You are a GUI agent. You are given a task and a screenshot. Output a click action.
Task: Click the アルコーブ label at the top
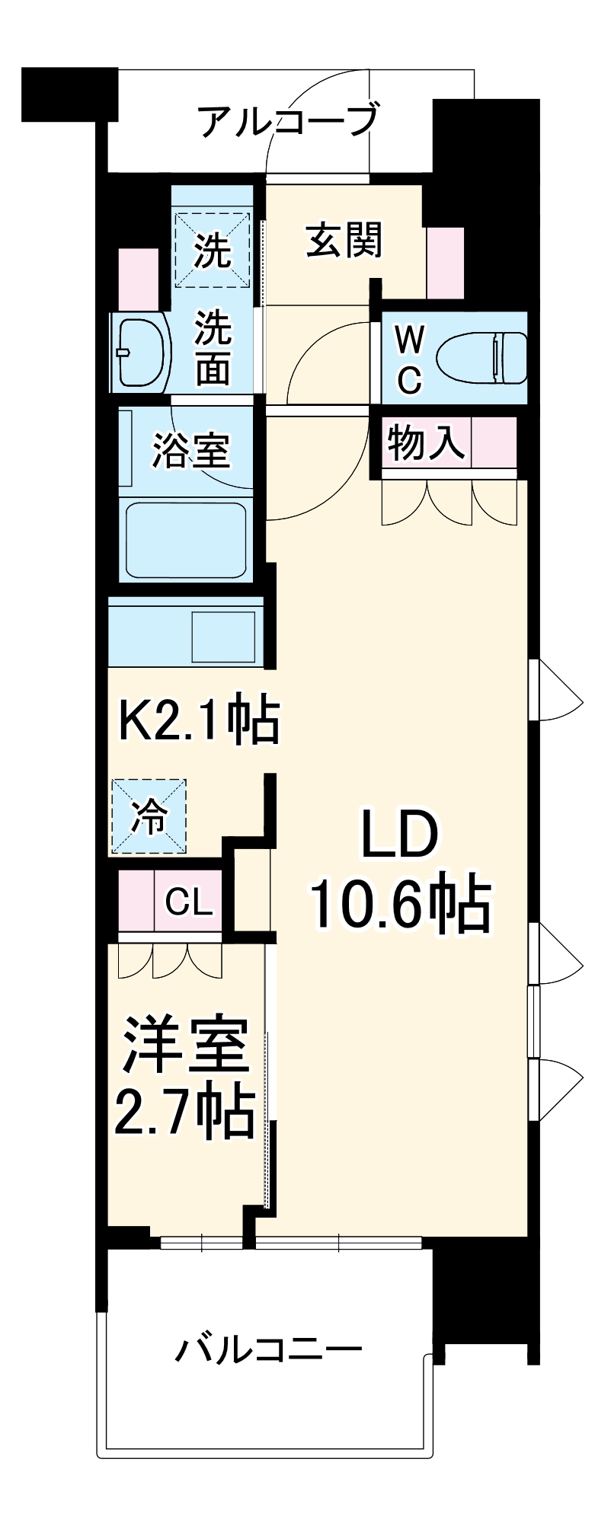tap(288, 120)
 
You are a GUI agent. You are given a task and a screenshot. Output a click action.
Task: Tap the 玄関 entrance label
tap(344, 241)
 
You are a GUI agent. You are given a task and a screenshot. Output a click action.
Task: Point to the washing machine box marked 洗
tap(213, 249)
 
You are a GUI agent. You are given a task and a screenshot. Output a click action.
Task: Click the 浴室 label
tap(190, 449)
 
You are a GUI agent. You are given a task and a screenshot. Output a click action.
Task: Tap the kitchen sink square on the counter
tap(223, 636)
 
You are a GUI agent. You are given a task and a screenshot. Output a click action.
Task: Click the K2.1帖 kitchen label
tap(200, 719)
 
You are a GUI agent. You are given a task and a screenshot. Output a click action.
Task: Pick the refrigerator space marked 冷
tap(149, 816)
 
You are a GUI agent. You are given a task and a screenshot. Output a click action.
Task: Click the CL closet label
tap(188, 902)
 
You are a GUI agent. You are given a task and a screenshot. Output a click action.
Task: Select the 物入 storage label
tap(426, 442)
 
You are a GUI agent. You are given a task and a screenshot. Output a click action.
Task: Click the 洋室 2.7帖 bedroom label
tap(185, 1075)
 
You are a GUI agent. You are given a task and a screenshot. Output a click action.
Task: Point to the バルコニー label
tap(269, 1349)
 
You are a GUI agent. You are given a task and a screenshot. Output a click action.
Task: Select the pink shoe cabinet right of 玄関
tap(445, 263)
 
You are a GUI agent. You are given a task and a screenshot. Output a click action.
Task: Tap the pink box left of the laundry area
tap(139, 278)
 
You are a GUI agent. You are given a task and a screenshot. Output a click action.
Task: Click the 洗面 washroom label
tap(213, 347)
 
